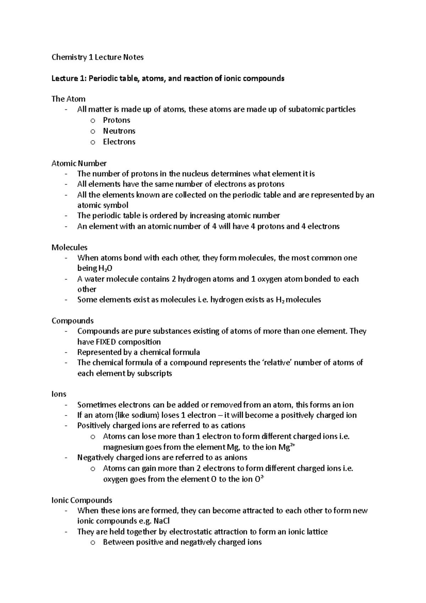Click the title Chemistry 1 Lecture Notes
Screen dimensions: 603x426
click(x=98, y=57)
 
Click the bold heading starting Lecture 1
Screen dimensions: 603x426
click(x=168, y=78)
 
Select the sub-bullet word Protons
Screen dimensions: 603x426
click(x=116, y=120)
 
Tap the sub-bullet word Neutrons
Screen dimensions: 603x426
click(x=119, y=131)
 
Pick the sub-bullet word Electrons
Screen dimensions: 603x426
click(x=119, y=142)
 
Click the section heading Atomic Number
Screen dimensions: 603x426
click(x=79, y=163)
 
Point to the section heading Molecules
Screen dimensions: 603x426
click(x=69, y=247)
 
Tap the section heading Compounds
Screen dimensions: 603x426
click(x=72, y=321)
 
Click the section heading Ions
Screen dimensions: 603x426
click(x=59, y=394)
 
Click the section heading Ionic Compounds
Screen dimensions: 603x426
click(x=82, y=500)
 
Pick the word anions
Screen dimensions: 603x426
click(x=234, y=457)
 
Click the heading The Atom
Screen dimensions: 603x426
click(x=69, y=99)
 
